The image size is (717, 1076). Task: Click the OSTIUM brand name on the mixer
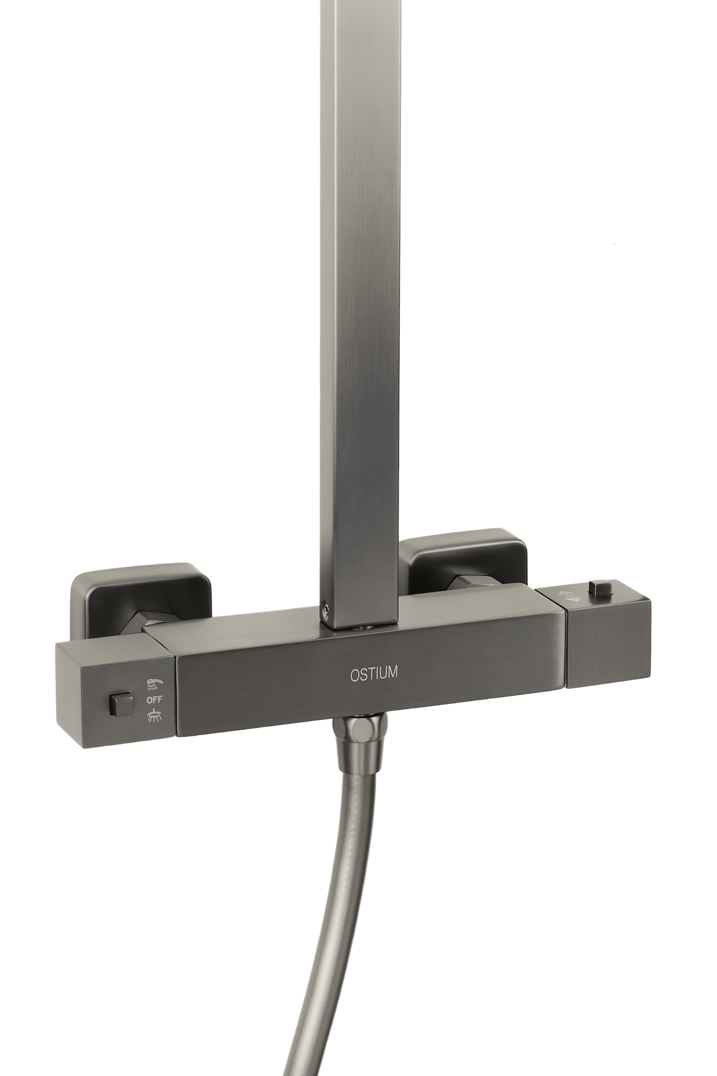click(x=373, y=674)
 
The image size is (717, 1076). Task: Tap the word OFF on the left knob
click(x=154, y=699)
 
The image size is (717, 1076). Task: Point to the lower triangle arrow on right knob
click(x=574, y=599)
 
